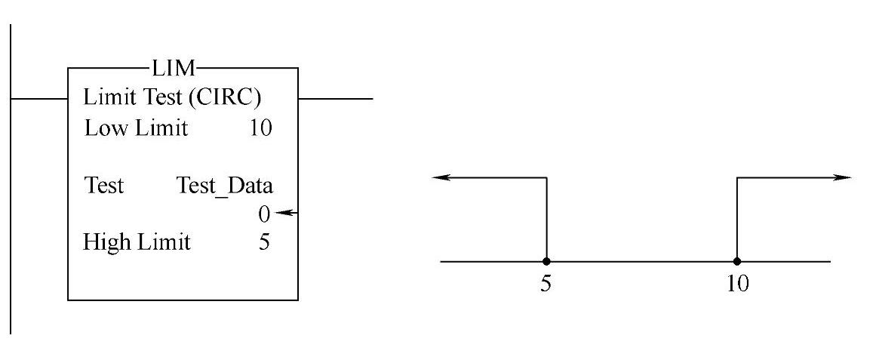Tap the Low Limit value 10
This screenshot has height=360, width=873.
[260, 128]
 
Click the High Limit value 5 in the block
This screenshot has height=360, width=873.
[264, 243]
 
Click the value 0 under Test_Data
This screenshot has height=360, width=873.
[263, 214]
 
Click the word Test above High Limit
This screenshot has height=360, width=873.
[104, 186]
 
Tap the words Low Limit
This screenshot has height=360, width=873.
[135, 128]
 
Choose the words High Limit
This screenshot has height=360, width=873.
[137, 243]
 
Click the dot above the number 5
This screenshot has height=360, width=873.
[546, 262]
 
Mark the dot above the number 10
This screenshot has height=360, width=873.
[736, 262]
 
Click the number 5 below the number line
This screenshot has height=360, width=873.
[546, 287]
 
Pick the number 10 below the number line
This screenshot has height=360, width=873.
[736, 287]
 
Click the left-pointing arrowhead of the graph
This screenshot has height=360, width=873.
[440, 177]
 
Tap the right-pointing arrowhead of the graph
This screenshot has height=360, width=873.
[843, 177]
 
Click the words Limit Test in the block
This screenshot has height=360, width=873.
[131, 99]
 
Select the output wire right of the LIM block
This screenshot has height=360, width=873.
[336, 98]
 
